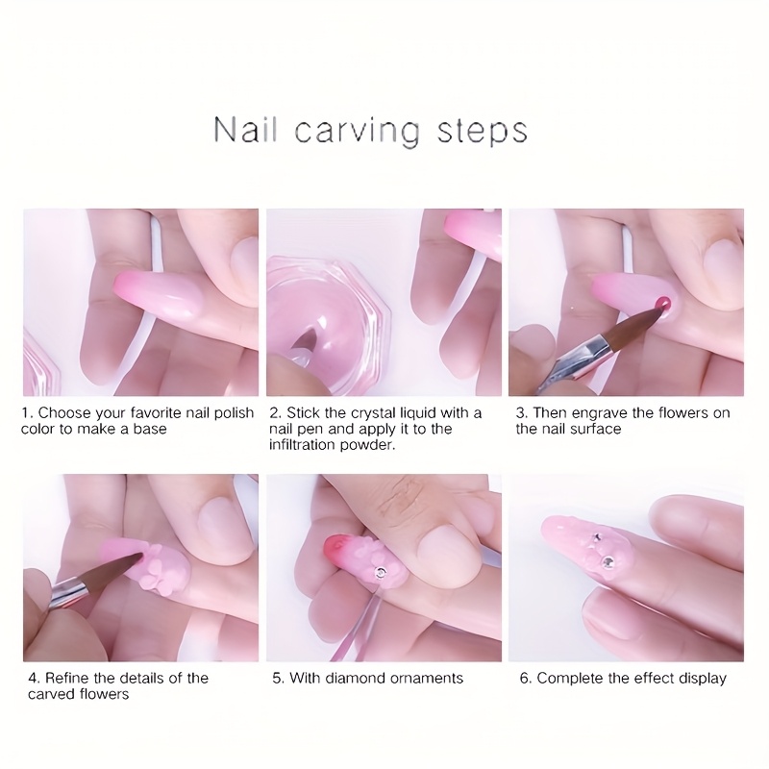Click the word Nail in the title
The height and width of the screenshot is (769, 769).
(245, 130)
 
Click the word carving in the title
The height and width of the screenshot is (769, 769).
(358, 132)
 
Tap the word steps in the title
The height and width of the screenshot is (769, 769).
(483, 132)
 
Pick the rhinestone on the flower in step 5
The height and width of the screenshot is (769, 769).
(381, 571)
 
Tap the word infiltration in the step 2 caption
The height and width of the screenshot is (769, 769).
(305, 445)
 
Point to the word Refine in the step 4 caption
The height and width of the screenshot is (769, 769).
(67, 679)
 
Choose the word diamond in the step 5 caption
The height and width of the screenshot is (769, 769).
(352, 679)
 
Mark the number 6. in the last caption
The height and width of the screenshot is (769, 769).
(525, 679)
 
